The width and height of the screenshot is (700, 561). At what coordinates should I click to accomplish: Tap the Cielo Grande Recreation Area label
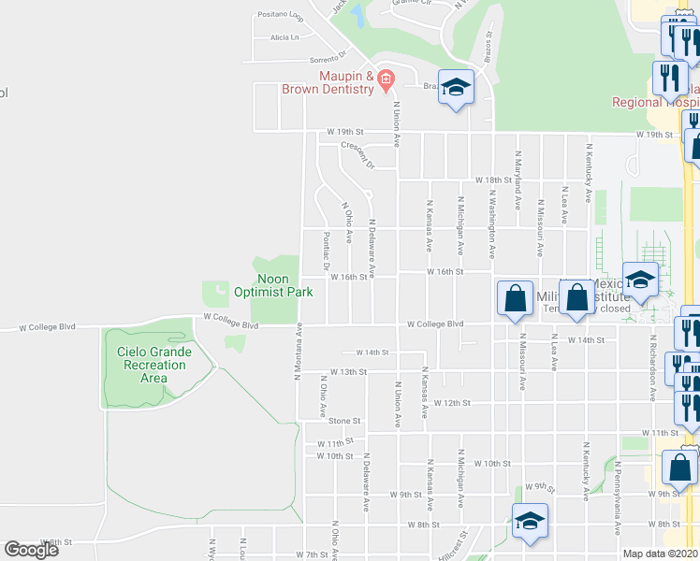[x=154, y=365]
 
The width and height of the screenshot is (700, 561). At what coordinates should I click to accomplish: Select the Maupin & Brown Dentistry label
[x=333, y=82]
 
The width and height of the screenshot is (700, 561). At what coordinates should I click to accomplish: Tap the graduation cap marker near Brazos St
[x=456, y=89]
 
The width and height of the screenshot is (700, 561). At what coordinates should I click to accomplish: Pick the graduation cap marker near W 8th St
[x=530, y=522]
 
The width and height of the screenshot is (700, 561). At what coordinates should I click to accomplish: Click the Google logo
[x=32, y=550]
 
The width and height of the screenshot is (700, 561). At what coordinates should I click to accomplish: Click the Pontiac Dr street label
[x=327, y=252]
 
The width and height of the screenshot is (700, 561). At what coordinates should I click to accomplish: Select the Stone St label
[x=344, y=421]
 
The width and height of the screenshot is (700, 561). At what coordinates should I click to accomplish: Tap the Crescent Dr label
[x=357, y=155]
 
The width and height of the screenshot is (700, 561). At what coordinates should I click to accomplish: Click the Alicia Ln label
[x=284, y=37]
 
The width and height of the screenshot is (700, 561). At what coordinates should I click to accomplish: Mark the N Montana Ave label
[x=299, y=352]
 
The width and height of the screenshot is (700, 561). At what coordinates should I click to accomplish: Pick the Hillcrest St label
[x=458, y=545]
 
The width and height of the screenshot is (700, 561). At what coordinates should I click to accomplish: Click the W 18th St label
[x=493, y=179]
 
